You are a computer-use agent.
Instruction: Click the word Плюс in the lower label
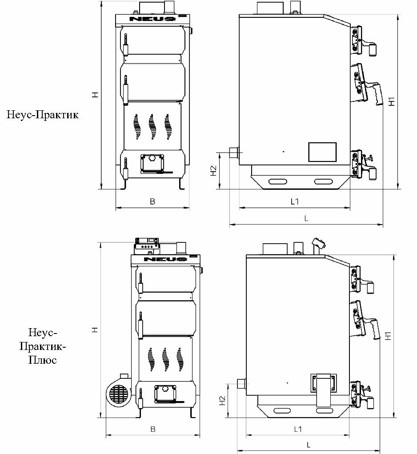pyautogui.click(x=42, y=360)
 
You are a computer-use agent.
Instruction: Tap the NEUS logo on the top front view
pyautogui.click(x=152, y=19)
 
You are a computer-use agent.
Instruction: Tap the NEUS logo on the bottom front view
pyautogui.click(x=165, y=259)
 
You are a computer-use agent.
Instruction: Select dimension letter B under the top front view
pyautogui.click(x=152, y=201)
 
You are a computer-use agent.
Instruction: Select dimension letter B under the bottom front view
pyautogui.click(x=153, y=429)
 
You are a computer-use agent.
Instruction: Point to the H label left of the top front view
pyautogui.click(x=95, y=95)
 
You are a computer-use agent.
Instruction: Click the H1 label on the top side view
pyautogui.click(x=392, y=102)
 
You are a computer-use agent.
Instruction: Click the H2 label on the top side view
pyautogui.click(x=213, y=171)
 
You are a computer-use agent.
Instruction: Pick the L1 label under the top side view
pyautogui.click(x=295, y=201)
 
